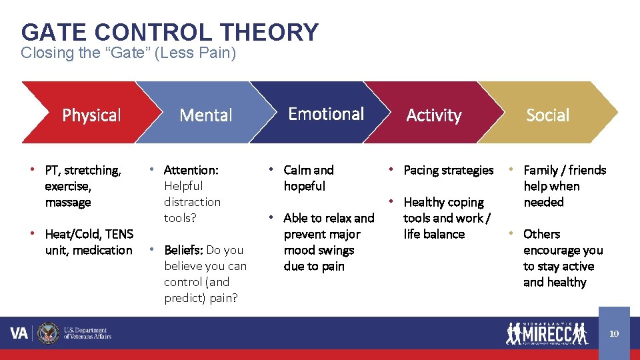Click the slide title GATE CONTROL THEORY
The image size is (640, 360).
pyautogui.click(x=170, y=32)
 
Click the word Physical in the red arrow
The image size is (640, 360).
pyautogui.click(x=91, y=115)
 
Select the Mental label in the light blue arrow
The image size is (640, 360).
pyautogui.click(x=206, y=115)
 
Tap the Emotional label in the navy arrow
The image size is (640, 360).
pyautogui.click(x=326, y=114)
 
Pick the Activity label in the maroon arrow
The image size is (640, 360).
pyautogui.click(x=434, y=115)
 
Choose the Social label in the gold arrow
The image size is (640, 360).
pyautogui.click(x=547, y=115)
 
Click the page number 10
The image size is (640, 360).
pyautogui.click(x=614, y=333)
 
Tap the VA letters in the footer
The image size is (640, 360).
pyautogui.click(x=19, y=333)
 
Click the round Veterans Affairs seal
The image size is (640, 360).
pyautogui.click(x=48, y=333)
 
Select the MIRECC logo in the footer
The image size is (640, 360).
pyautogui.click(x=547, y=333)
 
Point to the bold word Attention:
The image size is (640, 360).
pyautogui.click(x=191, y=170)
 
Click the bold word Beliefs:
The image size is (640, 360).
pyautogui.click(x=184, y=250)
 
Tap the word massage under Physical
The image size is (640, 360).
pyautogui.click(x=68, y=202)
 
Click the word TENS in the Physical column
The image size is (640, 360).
pyautogui.click(x=119, y=234)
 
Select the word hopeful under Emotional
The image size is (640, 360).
pyautogui.click(x=305, y=186)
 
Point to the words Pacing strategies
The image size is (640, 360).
pyautogui.click(x=449, y=170)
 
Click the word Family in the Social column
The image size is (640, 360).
pyautogui.click(x=541, y=170)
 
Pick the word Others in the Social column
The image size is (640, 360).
pyautogui.click(x=541, y=234)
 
